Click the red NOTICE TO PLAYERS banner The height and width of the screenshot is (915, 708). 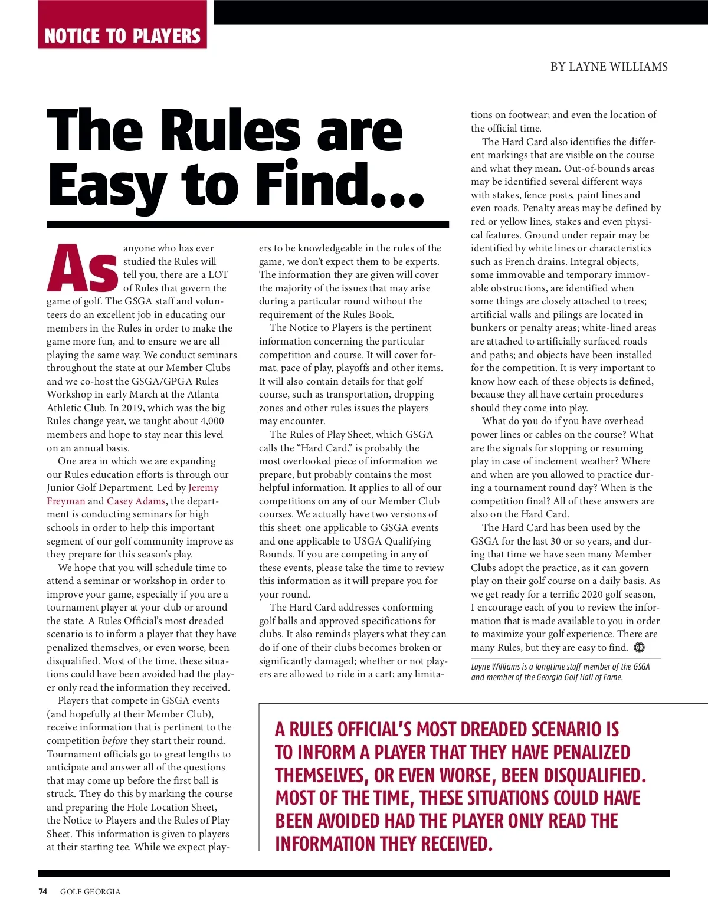(x=122, y=35)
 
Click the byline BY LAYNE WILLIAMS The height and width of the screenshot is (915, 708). (x=609, y=67)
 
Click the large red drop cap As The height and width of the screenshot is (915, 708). (x=83, y=268)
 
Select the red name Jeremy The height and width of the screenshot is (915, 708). (x=203, y=488)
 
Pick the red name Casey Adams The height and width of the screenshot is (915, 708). (x=136, y=501)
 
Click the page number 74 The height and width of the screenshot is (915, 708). (x=43, y=891)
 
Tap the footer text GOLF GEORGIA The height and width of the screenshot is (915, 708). (x=90, y=891)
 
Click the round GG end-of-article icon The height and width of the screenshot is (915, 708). (x=639, y=647)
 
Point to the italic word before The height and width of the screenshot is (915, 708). (x=115, y=740)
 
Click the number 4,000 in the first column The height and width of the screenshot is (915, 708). (x=210, y=421)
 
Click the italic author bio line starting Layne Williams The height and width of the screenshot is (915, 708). (x=560, y=667)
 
